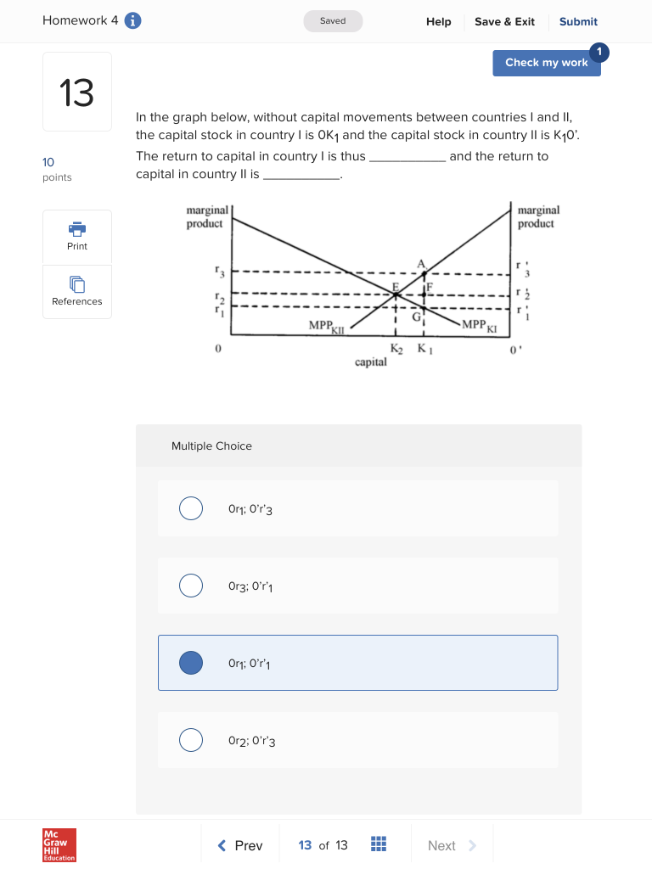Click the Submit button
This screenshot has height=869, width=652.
point(578,22)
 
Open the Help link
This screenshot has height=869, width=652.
point(438,22)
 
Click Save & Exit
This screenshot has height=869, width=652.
point(504,22)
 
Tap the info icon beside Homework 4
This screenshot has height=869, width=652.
point(132,21)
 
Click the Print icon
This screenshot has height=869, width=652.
point(77,229)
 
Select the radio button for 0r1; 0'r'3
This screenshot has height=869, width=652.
point(191,508)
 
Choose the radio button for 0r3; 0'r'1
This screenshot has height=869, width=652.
point(191,586)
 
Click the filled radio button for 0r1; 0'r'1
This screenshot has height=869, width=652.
point(191,663)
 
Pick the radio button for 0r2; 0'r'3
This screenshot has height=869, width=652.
point(191,740)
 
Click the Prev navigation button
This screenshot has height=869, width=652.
point(240,845)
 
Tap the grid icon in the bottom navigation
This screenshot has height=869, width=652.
point(379,844)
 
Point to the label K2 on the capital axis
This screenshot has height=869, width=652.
point(396,349)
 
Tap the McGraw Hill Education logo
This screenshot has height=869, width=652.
point(59,845)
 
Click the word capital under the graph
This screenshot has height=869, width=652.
point(371,362)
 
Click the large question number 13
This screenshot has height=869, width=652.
point(76,93)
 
